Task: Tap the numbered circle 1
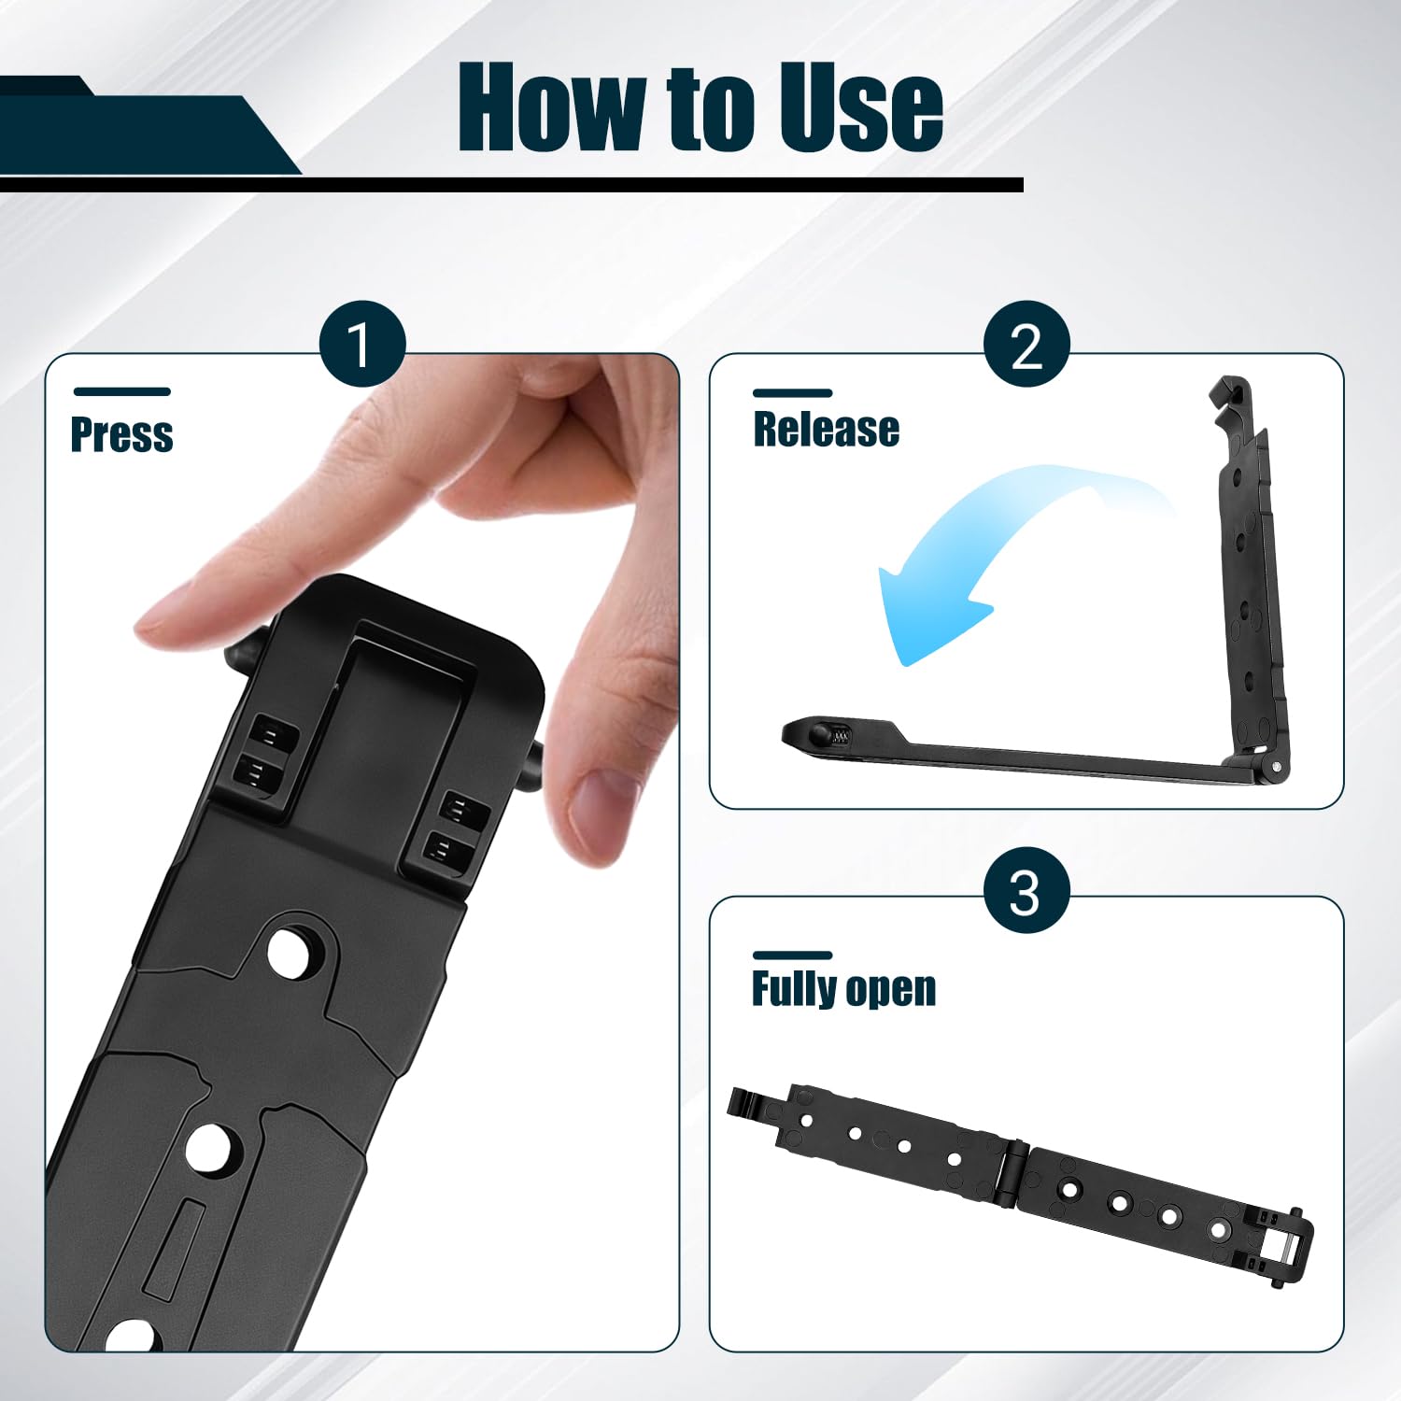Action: click(362, 345)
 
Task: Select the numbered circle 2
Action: click(1026, 345)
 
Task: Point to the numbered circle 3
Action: click(1026, 891)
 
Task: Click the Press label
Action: click(122, 435)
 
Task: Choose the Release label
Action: click(827, 430)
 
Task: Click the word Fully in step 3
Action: click(794, 988)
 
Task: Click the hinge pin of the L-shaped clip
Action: click(1276, 767)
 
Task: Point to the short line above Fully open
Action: click(792, 955)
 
